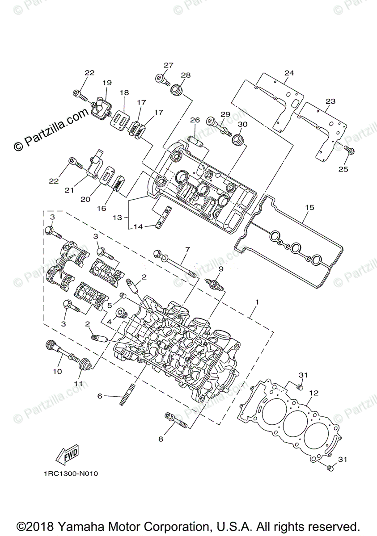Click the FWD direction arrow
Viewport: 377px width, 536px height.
(x=67, y=454)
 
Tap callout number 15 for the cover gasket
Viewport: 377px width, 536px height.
(x=309, y=208)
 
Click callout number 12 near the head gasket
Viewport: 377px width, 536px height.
(x=313, y=393)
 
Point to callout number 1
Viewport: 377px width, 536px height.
(x=256, y=302)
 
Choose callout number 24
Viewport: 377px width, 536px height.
(x=289, y=73)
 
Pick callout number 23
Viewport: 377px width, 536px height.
(x=330, y=101)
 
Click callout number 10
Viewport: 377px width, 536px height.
(x=57, y=371)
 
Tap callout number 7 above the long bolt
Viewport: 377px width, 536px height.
(x=187, y=249)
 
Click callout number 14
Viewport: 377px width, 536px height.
(x=138, y=227)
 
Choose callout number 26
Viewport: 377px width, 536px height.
(x=195, y=120)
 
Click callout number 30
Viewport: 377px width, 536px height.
(x=242, y=124)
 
